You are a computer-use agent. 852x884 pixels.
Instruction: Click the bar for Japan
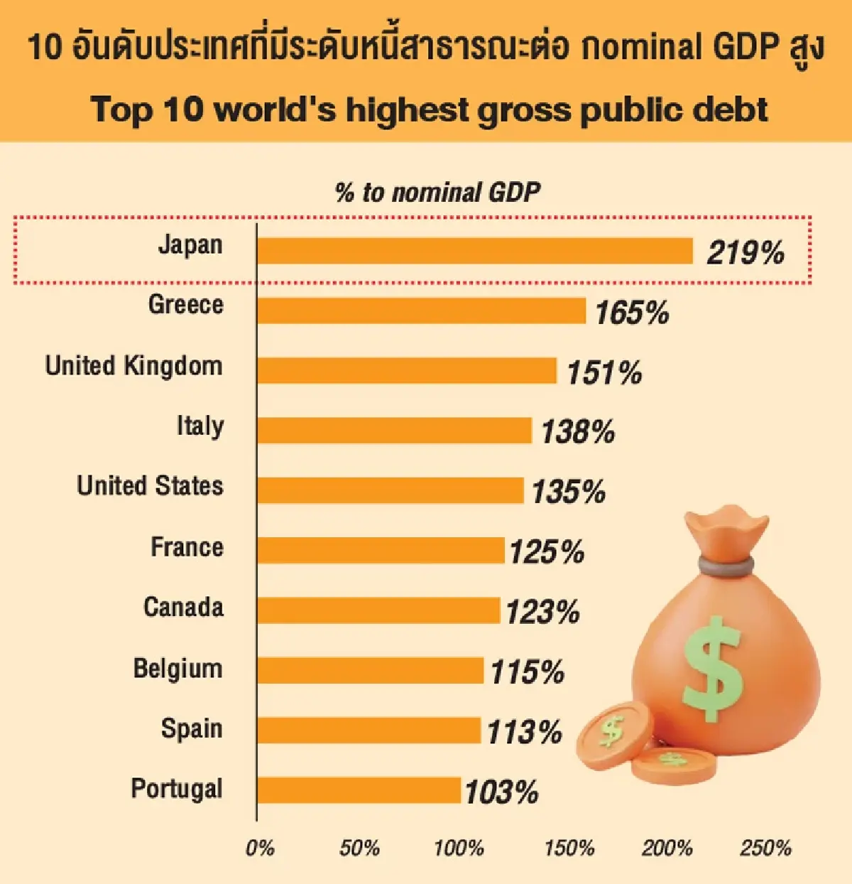coord(474,251)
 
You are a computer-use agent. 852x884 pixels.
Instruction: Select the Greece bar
coord(421,311)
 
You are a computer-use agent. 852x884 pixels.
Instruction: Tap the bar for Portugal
coord(359,790)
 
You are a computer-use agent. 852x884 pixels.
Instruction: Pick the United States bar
coord(390,490)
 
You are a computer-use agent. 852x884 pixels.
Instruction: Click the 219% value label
coord(745,253)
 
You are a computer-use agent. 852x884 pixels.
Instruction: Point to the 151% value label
coord(604,372)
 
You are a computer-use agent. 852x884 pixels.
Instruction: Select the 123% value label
coord(543,612)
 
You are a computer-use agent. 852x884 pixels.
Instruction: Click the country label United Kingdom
coord(134,366)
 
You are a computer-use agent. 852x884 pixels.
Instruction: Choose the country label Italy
coord(200,426)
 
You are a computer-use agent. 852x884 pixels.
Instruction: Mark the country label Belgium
coord(177,669)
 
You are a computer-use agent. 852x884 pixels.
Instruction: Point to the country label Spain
coord(192,729)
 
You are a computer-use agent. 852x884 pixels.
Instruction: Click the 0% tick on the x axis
coord(259,848)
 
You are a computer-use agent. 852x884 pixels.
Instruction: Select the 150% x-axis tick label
coord(569,848)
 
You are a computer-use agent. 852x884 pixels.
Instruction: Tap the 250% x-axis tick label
coord(765,848)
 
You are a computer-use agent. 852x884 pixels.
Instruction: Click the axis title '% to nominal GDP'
coord(437,193)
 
